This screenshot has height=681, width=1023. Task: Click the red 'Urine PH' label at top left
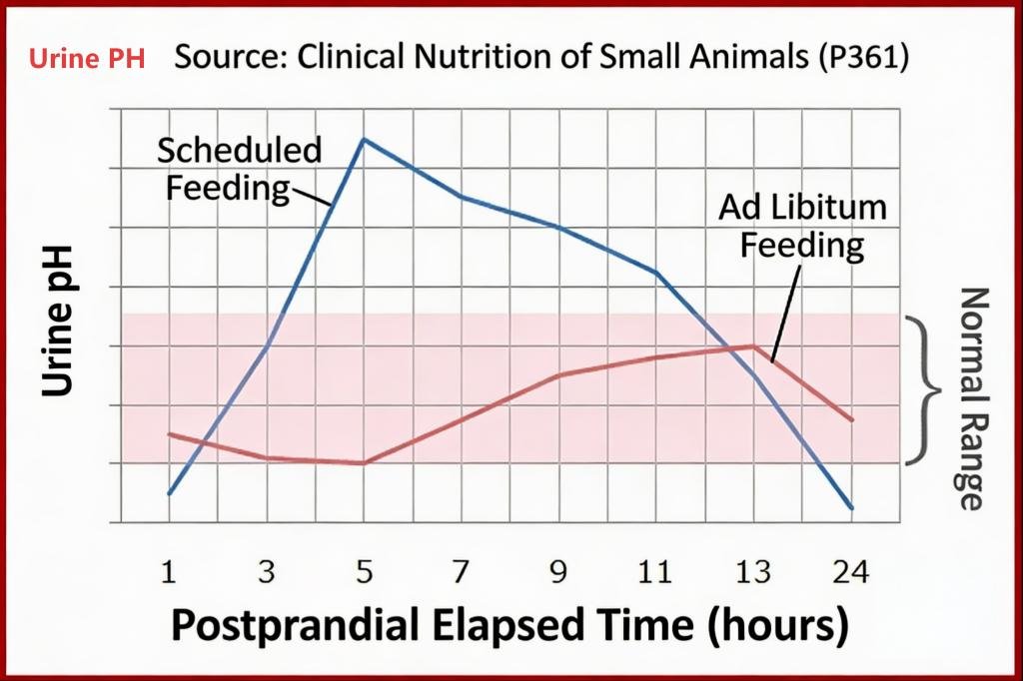pos(87,59)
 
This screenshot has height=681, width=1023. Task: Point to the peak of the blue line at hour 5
pos(364,139)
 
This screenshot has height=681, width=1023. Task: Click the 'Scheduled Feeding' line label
pos(240,168)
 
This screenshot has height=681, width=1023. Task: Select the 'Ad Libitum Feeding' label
pos(802,226)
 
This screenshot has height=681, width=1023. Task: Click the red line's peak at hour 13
pos(754,345)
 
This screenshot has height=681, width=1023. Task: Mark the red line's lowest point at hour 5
pos(364,463)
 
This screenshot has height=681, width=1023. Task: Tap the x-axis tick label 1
pos(170,572)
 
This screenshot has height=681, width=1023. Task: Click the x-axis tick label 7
pos(462,572)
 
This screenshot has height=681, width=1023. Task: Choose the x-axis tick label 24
pos(851,572)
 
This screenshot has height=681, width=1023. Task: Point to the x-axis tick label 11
pos(655,572)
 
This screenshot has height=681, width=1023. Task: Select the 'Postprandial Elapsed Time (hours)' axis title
pos(511,626)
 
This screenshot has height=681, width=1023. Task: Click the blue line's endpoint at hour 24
pos(852,508)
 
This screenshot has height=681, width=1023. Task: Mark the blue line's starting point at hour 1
pos(169,493)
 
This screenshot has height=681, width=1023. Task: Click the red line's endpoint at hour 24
pos(852,420)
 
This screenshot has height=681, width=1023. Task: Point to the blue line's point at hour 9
pos(558,228)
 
